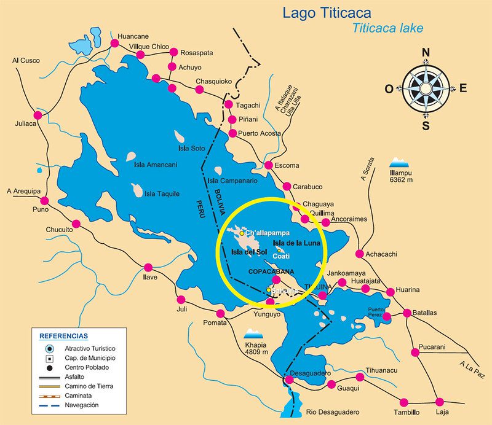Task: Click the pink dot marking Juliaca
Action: point(38,115)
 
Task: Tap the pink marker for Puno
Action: point(44,200)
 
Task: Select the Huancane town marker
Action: point(114,44)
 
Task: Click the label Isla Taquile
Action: point(161,194)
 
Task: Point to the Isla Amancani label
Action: point(156,165)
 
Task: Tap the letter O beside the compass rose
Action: point(389,88)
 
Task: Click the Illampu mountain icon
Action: point(399,163)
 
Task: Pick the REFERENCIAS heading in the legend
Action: point(63,336)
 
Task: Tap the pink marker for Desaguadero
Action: point(289,380)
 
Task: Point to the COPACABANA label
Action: point(271,271)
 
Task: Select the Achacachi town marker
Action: point(360,254)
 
